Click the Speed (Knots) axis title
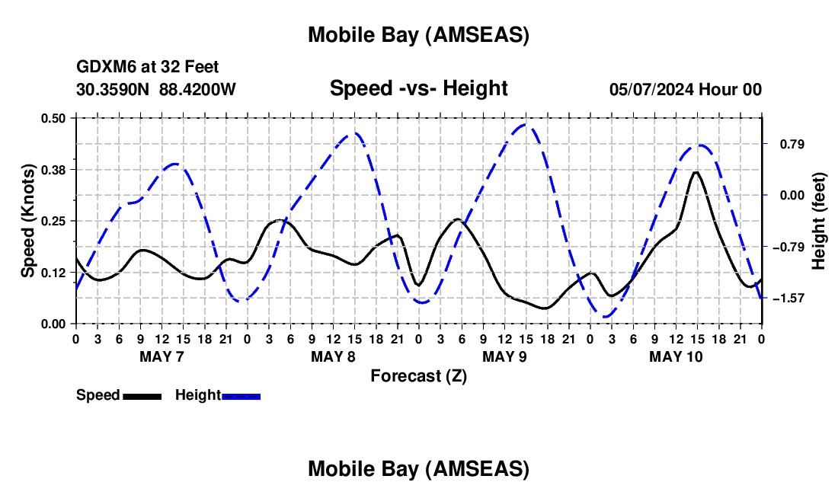pyautogui.click(x=28, y=221)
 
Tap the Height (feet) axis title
pyautogui.click(x=820, y=221)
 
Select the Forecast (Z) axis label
pyautogui.click(x=418, y=375)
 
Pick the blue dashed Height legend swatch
pyautogui.click(x=241, y=396)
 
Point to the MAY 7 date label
pyautogui.click(x=162, y=356)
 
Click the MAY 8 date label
pyautogui.click(x=333, y=356)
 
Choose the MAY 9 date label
pyautogui.click(x=504, y=356)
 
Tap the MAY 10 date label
pyautogui.click(x=676, y=356)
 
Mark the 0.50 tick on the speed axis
pyautogui.click(x=54, y=118)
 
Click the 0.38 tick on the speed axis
pyautogui.click(x=54, y=169)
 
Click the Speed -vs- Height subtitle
pyautogui.click(x=418, y=88)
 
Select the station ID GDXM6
pyautogui.click(x=101, y=68)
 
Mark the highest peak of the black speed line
pyautogui.click(x=696, y=172)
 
